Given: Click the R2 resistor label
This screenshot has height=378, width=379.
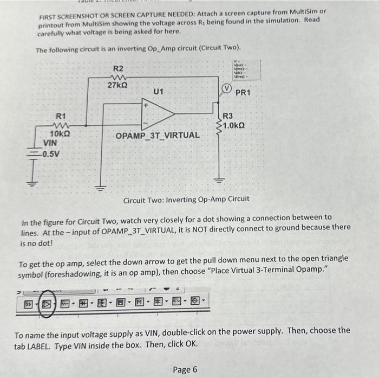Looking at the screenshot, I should click(x=118, y=68).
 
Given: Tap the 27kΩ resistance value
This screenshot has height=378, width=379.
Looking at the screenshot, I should click(x=118, y=86).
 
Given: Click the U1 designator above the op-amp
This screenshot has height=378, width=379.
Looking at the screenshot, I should click(x=159, y=92).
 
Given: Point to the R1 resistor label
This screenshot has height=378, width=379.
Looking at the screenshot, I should click(x=61, y=116).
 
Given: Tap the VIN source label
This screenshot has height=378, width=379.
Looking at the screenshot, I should click(x=50, y=143).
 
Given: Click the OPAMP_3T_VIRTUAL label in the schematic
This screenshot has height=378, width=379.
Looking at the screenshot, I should click(x=157, y=134).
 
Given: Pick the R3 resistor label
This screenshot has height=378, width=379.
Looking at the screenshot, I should click(x=228, y=116).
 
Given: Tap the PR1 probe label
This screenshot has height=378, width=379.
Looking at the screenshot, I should click(x=243, y=93).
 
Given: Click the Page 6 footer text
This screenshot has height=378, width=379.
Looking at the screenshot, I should click(x=185, y=369).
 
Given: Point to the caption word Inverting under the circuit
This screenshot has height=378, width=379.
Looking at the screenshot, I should click(x=186, y=198).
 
